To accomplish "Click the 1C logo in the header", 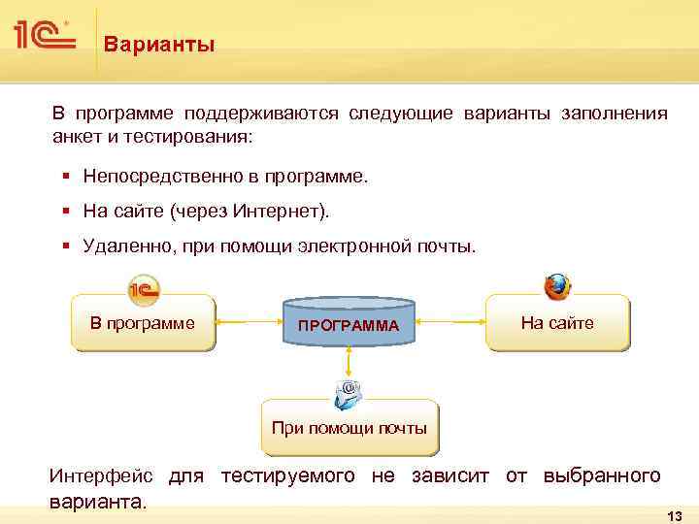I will (44, 37).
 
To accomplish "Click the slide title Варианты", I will (159, 45).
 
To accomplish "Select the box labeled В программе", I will (143, 323).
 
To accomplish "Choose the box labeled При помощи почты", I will (349, 427).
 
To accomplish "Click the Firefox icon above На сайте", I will (557, 286).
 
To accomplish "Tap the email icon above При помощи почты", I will (348, 393).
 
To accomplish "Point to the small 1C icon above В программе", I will (144, 288).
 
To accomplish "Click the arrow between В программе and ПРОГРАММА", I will (248, 323).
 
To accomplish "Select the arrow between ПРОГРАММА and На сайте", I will (449, 323).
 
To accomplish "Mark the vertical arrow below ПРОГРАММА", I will (349, 365).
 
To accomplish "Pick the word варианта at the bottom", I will (95, 503).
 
